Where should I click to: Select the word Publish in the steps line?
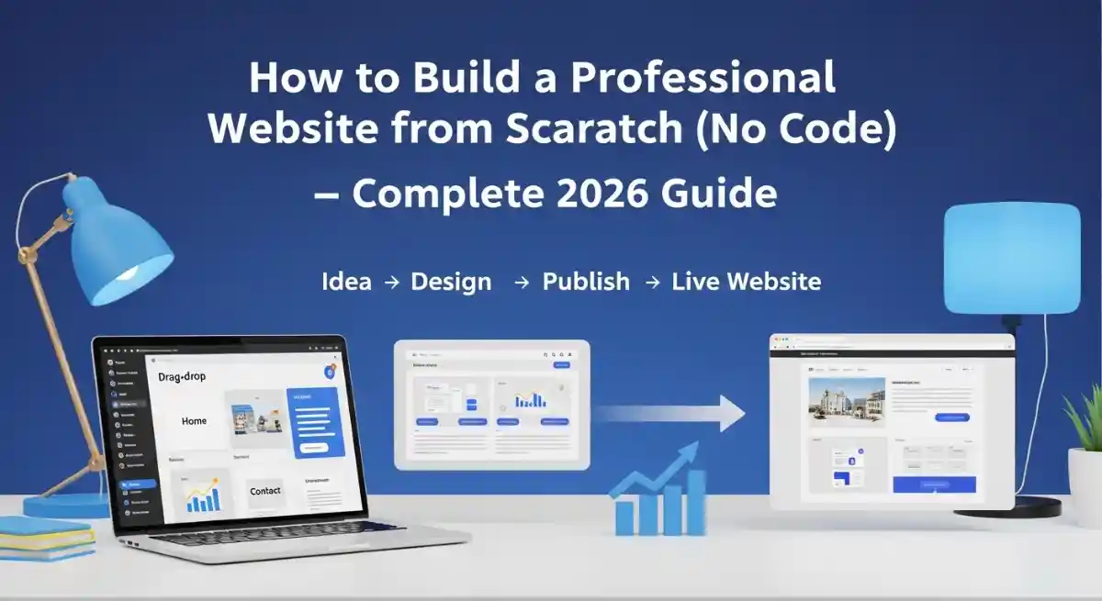[586, 282]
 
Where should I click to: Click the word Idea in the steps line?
[346, 282]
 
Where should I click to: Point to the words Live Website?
[746, 282]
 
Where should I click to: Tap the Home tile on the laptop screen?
[194, 421]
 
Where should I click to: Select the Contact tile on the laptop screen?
[264, 492]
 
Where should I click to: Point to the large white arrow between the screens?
[670, 413]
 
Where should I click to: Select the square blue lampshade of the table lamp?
[1011, 259]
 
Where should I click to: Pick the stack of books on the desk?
[46, 538]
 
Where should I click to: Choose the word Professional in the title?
[703, 79]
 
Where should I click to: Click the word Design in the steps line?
[451, 282]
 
